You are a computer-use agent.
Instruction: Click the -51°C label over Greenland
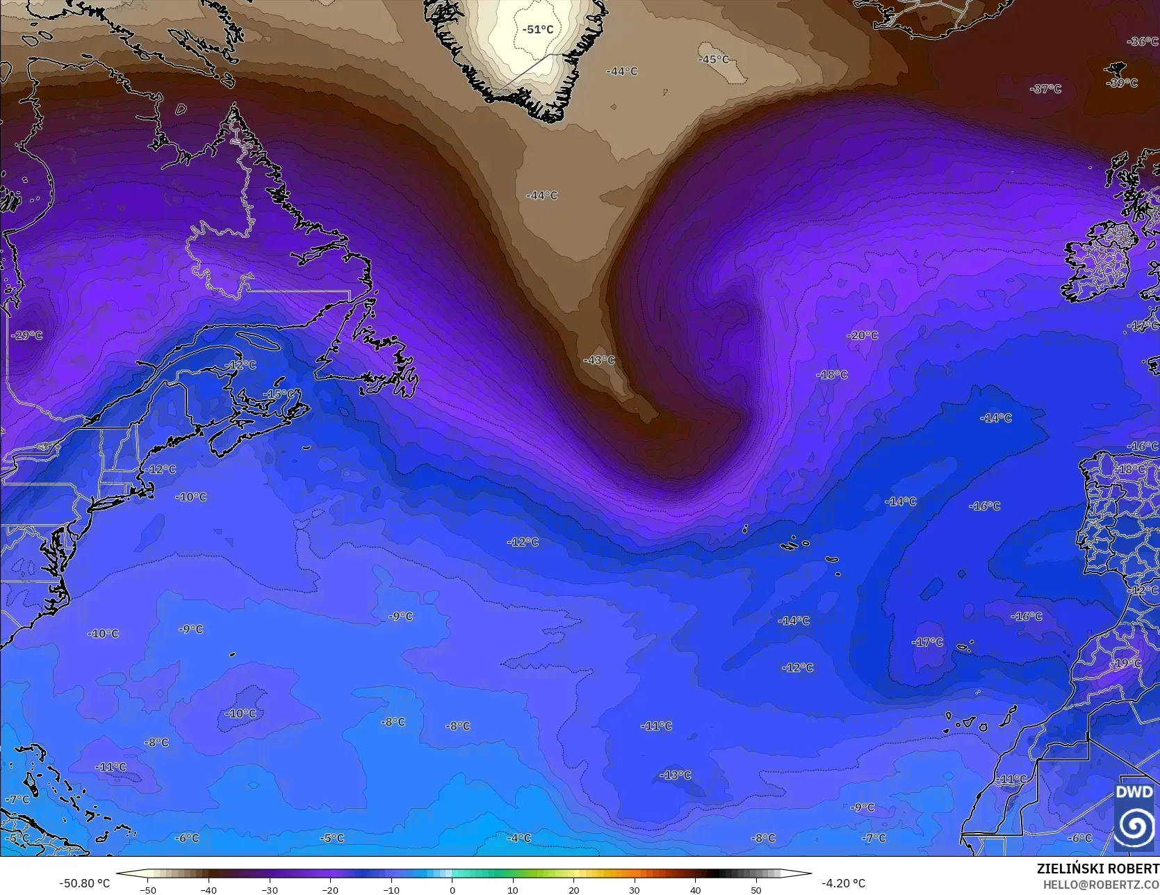click(x=538, y=29)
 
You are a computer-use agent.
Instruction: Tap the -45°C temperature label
click(x=714, y=60)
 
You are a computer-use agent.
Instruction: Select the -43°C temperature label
click(x=600, y=360)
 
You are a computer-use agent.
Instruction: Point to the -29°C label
click(x=27, y=335)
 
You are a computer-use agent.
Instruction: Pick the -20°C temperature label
click(x=863, y=335)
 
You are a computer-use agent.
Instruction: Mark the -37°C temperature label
click(x=1047, y=89)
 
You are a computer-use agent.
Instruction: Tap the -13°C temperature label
click(x=676, y=775)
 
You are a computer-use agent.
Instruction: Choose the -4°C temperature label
click(x=519, y=838)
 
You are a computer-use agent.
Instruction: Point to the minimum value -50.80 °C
click(x=85, y=883)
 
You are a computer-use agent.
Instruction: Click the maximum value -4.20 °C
click(x=843, y=883)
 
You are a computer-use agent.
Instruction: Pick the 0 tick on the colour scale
click(x=452, y=889)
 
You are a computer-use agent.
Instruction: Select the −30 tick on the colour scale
click(x=270, y=889)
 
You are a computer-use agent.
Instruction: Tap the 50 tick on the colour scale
click(x=756, y=889)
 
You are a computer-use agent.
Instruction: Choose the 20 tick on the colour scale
click(x=574, y=889)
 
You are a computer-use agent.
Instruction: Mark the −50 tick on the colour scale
click(x=148, y=889)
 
